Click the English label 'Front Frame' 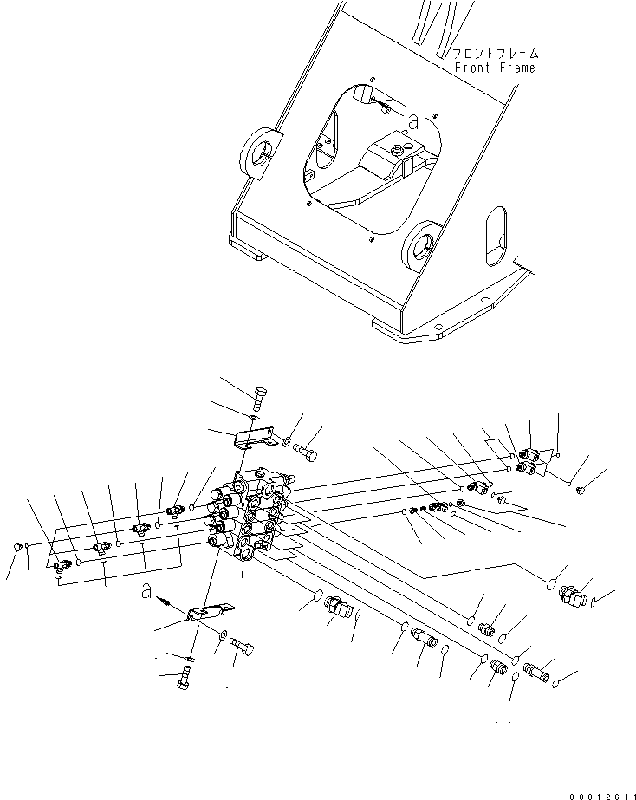tap(495, 68)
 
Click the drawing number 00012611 tap(600, 790)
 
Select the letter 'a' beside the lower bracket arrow tap(150, 594)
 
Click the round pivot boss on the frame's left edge tap(261, 153)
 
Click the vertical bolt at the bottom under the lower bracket tap(185, 680)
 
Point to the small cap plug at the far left tap(17, 546)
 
